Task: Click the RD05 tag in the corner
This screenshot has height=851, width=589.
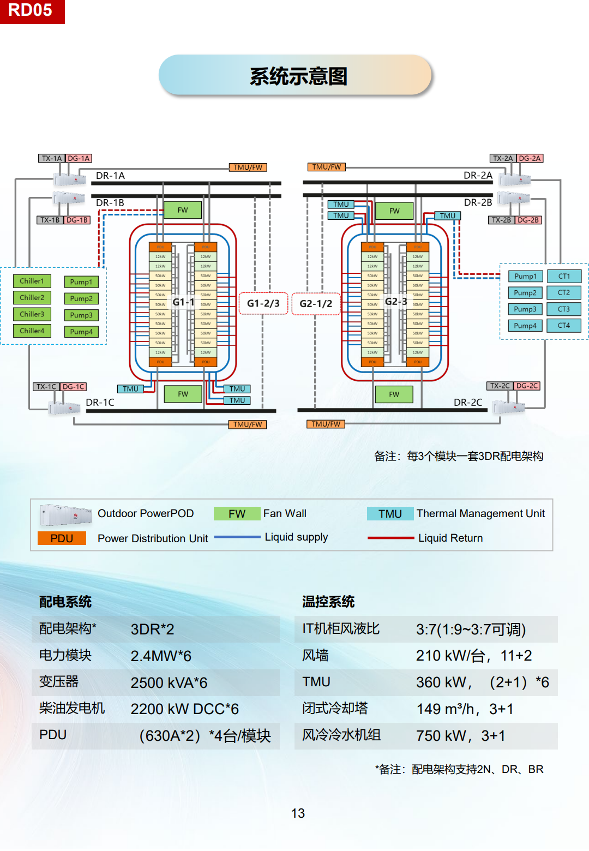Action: (x=31, y=10)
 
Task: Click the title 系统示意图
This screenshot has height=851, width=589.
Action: (x=298, y=76)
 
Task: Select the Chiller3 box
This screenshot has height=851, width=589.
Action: (x=32, y=315)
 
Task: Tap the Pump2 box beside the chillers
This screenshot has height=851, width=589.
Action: (x=81, y=299)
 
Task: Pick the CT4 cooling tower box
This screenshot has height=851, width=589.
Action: (x=564, y=326)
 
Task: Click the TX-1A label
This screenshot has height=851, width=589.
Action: (x=52, y=158)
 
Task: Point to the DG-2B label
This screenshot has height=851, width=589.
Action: (x=528, y=220)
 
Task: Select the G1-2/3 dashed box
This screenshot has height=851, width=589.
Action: (x=263, y=303)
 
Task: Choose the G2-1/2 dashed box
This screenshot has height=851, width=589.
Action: (x=316, y=303)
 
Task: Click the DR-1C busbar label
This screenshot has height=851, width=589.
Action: (x=100, y=403)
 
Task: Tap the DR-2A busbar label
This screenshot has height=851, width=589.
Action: (x=478, y=176)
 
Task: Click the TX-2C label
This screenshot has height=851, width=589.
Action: (x=500, y=386)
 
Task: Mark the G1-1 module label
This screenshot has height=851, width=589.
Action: (x=183, y=302)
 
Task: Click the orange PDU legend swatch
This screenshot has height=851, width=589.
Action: (x=62, y=538)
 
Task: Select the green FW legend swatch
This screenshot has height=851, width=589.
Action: (x=237, y=514)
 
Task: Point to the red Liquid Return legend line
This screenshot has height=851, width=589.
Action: (x=391, y=538)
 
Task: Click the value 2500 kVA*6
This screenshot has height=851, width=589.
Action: (x=169, y=682)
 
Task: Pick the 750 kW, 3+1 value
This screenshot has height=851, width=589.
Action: (x=460, y=736)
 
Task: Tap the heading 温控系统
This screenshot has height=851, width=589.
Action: (x=328, y=602)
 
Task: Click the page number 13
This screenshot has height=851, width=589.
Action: (x=298, y=813)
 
